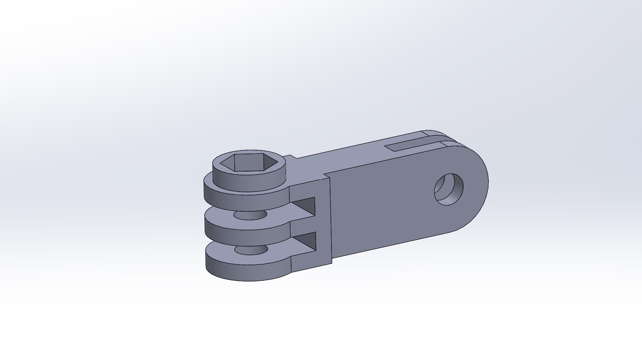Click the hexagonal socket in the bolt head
[249, 163]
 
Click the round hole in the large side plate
[449, 189]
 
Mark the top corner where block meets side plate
[328, 176]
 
